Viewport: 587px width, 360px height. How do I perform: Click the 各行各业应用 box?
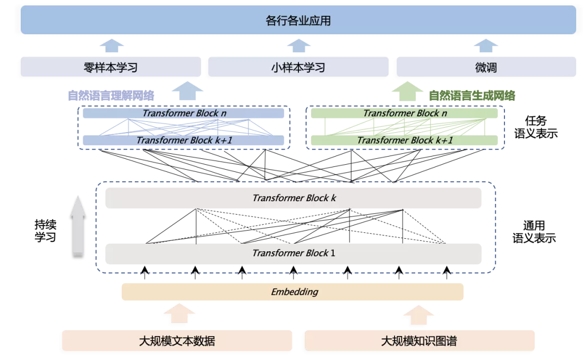click(298, 21)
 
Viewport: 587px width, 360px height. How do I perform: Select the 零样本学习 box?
click(111, 67)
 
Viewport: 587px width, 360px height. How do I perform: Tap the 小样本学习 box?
click(298, 67)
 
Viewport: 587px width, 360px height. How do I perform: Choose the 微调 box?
click(486, 67)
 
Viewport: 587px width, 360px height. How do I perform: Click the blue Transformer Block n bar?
click(183, 113)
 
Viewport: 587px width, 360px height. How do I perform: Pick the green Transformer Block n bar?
click(404, 113)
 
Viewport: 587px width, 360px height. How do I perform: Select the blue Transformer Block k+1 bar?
click(183, 140)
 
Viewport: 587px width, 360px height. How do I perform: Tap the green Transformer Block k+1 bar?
click(404, 140)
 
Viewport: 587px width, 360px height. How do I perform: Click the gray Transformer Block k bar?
click(293, 198)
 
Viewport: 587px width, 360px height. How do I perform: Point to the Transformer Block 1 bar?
click(293, 253)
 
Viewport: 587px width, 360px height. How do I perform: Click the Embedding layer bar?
click(292, 292)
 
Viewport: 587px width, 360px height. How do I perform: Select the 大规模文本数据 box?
click(177, 341)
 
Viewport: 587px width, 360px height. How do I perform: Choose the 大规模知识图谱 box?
click(419, 341)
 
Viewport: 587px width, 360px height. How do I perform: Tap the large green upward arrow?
click(407, 91)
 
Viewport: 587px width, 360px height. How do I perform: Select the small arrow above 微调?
click(486, 45)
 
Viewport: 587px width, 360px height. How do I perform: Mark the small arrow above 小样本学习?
click(298, 45)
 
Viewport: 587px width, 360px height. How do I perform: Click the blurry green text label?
click(472, 96)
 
